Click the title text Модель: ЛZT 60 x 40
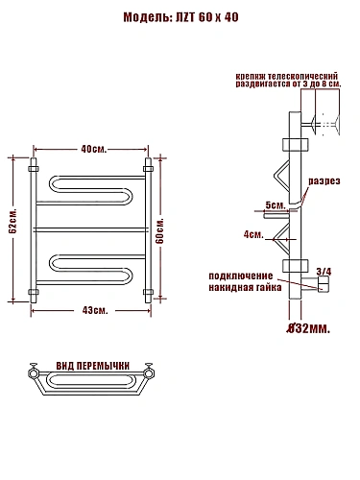(180, 17)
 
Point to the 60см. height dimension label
(159, 230)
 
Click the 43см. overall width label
(95, 310)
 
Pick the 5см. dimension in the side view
(276, 204)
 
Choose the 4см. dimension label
(253, 234)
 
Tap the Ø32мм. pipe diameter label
(308, 328)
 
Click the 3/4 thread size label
(324, 272)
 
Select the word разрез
(324, 181)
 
